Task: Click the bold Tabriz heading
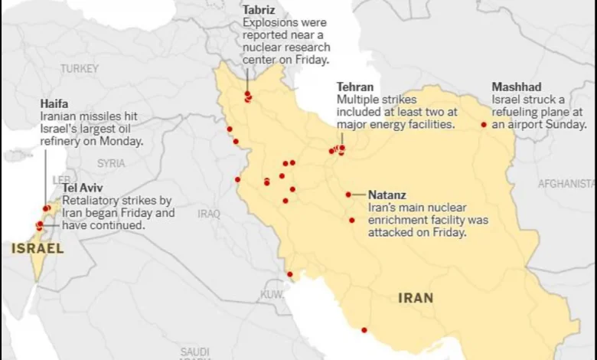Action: point(259,10)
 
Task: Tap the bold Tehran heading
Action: point(355,87)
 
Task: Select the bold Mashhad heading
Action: point(516,87)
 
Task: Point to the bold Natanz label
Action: point(387,195)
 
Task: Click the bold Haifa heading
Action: point(54,103)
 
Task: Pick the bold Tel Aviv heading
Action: point(83,188)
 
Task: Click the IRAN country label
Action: point(416,298)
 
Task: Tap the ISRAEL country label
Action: point(38,248)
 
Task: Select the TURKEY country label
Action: point(80,68)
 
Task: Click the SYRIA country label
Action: point(111,163)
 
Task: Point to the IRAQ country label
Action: point(209,213)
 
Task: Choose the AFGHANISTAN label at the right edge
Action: point(566,184)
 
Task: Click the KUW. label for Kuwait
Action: point(272,294)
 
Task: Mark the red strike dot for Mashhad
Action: point(484,124)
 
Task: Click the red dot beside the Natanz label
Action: point(348,195)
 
